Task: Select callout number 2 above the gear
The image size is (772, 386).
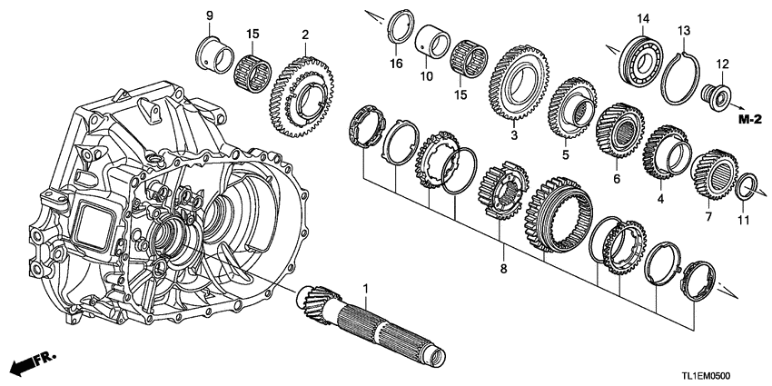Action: [x=306, y=35]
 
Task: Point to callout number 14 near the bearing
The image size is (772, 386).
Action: [x=644, y=18]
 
